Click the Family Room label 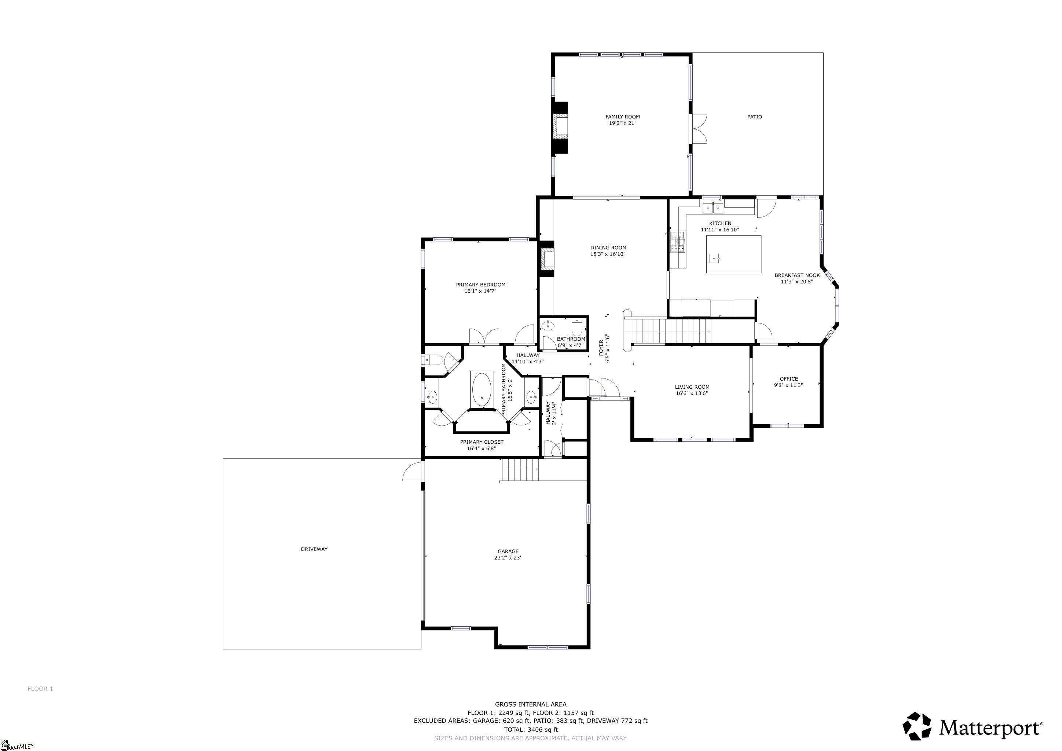(623, 117)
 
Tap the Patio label (754, 117)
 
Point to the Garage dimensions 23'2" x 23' (508, 558)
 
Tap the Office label (789, 379)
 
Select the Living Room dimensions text (692, 393)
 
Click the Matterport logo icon (917, 726)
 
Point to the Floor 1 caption (40, 689)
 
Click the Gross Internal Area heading (531, 704)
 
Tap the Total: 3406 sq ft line (531, 729)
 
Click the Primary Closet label (481, 442)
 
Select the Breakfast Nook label (797, 275)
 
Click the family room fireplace (561, 127)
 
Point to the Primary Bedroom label (481, 285)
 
